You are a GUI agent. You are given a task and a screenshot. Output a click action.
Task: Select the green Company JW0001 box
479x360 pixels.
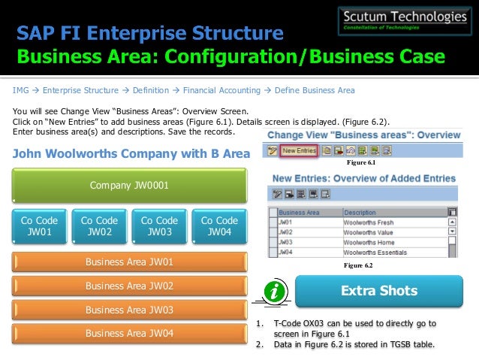129,185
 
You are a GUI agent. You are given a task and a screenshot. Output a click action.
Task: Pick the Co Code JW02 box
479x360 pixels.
99,226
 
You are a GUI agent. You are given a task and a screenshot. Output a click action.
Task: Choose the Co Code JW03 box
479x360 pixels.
159,226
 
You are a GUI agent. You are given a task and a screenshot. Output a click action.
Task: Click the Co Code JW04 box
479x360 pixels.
219,226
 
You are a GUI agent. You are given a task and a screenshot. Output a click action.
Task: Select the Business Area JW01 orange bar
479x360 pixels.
129,262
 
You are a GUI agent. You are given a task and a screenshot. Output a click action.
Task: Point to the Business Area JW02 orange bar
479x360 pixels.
129,286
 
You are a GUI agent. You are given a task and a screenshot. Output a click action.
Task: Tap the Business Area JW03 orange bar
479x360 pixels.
129,310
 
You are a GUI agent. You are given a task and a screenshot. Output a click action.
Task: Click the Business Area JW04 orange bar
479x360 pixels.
129,333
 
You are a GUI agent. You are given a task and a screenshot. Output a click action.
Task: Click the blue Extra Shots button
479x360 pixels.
379,291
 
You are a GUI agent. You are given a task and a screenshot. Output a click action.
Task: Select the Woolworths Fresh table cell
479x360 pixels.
369,222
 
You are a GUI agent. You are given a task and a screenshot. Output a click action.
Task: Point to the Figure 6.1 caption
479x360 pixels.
360,162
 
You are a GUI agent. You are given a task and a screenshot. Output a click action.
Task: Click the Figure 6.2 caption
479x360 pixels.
358,266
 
